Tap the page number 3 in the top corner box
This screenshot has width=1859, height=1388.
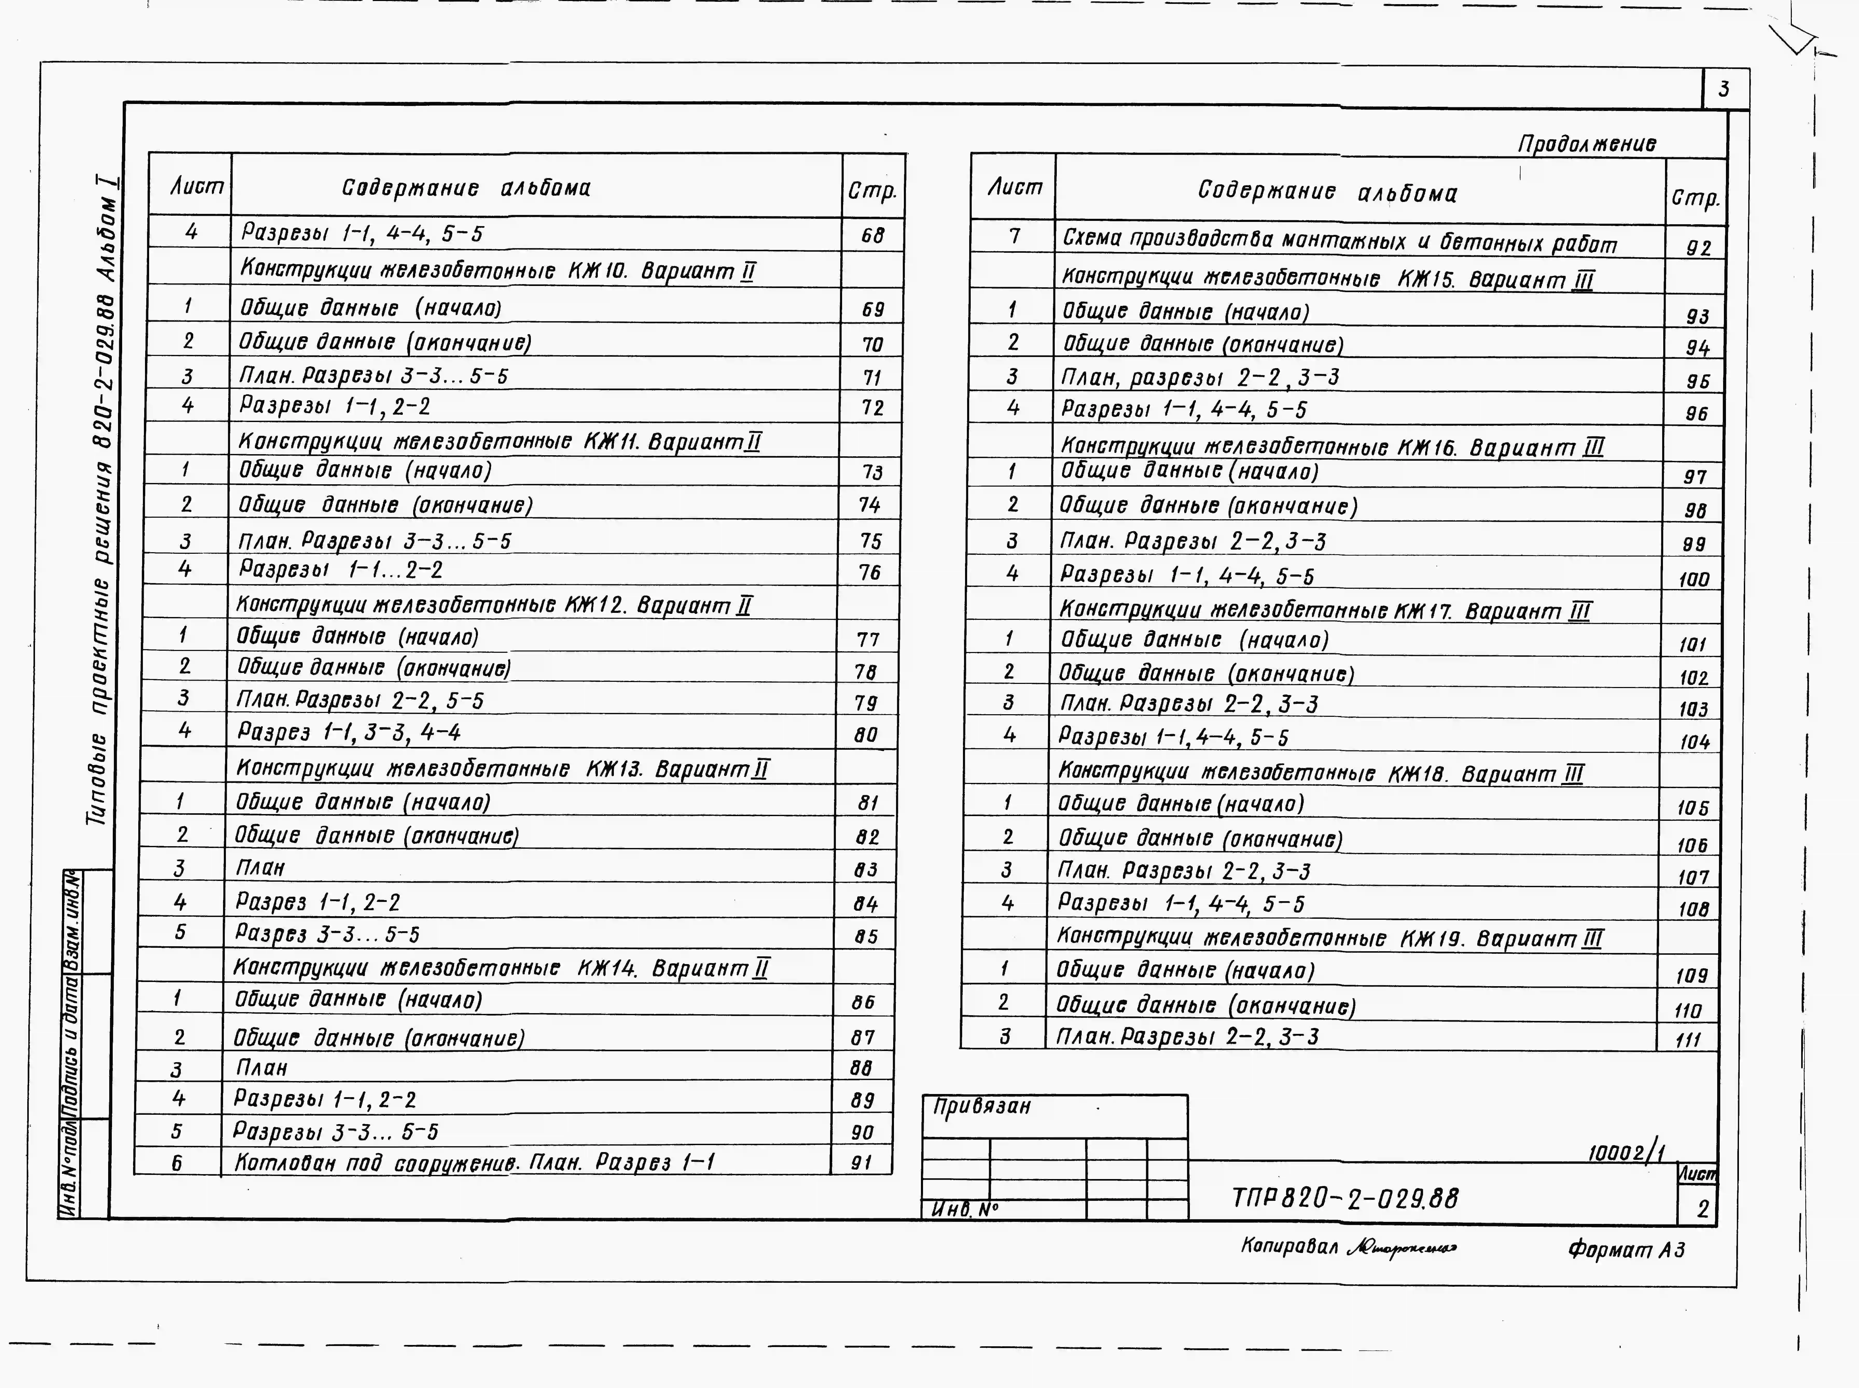point(1724,89)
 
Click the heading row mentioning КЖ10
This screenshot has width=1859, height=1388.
point(497,271)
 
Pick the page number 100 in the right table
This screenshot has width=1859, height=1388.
point(1694,579)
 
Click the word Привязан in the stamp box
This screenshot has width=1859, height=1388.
point(982,1106)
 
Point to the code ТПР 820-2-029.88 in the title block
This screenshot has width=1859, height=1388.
point(1345,1198)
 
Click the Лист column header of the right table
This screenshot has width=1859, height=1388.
point(1014,187)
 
